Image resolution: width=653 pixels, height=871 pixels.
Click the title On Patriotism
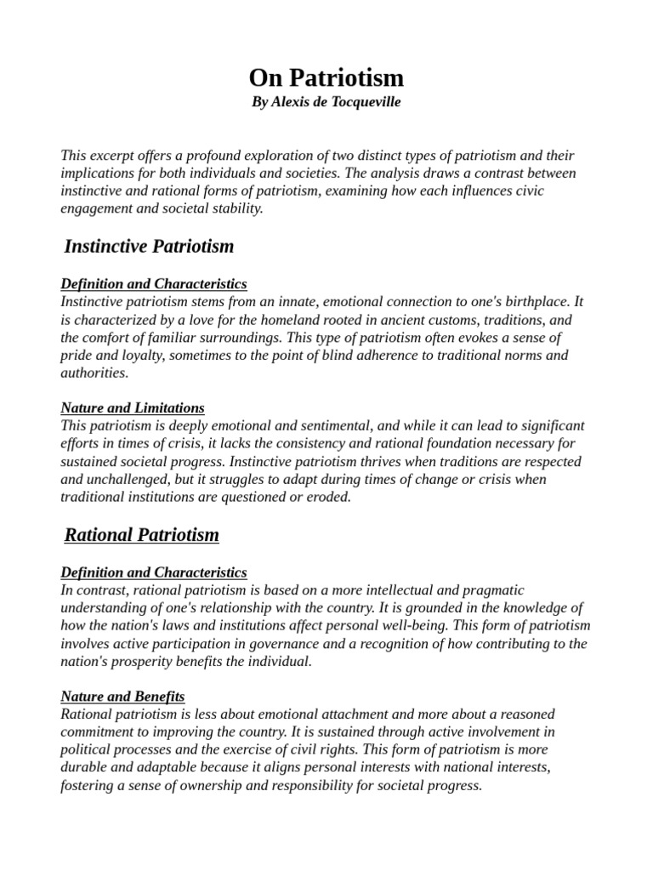click(326, 79)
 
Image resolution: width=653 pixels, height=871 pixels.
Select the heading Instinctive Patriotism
click(149, 247)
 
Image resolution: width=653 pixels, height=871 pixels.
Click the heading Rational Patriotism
click(142, 535)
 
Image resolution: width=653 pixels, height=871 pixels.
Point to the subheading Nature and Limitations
click(133, 407)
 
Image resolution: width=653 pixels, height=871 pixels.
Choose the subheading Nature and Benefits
click(122, 696)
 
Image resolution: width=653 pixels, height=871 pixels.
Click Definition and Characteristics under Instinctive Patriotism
click(154, 283)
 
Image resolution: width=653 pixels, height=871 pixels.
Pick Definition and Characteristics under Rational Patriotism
click(154, 572)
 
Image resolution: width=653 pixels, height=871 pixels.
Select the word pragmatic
click(494, 589)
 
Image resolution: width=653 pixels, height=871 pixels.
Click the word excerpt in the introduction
click(115, 156)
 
